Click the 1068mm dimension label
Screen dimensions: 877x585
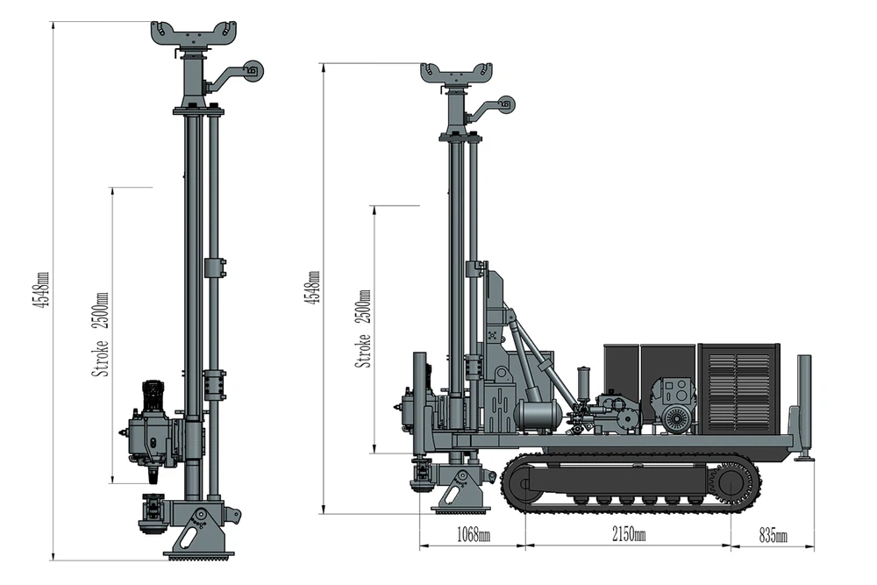click(x=474, y=535)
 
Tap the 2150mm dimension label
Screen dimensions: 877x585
click(x=628, y=535)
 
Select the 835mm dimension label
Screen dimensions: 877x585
click(x=773, y=535)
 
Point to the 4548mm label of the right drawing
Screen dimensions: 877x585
click(x=313, y=288)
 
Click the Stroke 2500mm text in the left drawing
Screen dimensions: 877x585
click(x=100, y=334)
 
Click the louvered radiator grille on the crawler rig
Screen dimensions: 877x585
click(x=738, y=389)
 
